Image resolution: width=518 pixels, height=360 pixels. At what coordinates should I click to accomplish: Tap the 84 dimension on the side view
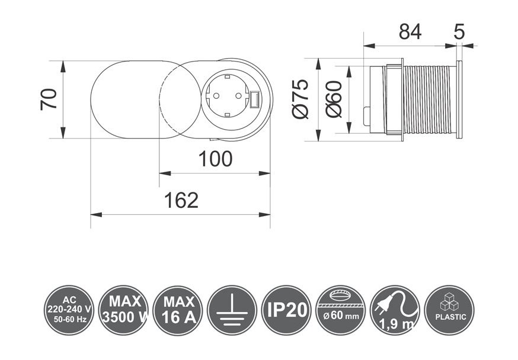pyautogui.click(x=410, y=32)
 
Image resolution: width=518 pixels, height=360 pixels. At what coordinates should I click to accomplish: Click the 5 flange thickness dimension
pyautogui.click(x=460, y=32)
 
